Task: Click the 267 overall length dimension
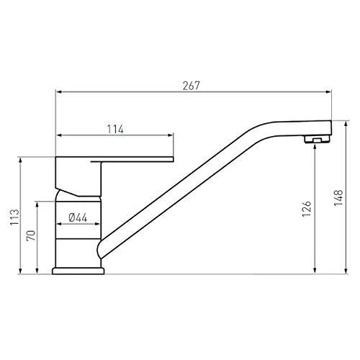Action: (191, 86)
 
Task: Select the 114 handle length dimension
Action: (115, 130)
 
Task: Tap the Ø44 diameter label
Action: (78, 217)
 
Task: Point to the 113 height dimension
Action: (14, 217)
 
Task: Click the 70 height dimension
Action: (31, 235)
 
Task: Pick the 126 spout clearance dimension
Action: (307, 209)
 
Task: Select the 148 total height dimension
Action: (338, 197)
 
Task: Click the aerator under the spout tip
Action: (317, 139)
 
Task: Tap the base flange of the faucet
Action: (78, 271)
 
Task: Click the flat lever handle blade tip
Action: (172, 159)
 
